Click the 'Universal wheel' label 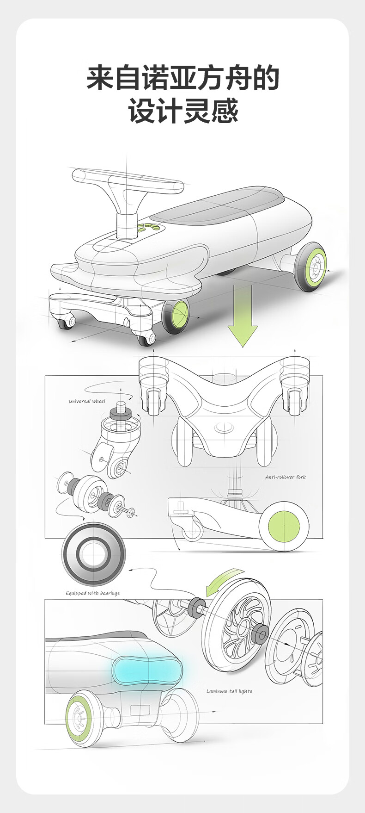click(x=87, y=401)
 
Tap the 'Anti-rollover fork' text click(x=285, y=477)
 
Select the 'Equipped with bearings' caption click(x=92, y=593)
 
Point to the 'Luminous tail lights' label click(x=229, y=691)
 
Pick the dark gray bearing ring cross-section click(x=94, y=554)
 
